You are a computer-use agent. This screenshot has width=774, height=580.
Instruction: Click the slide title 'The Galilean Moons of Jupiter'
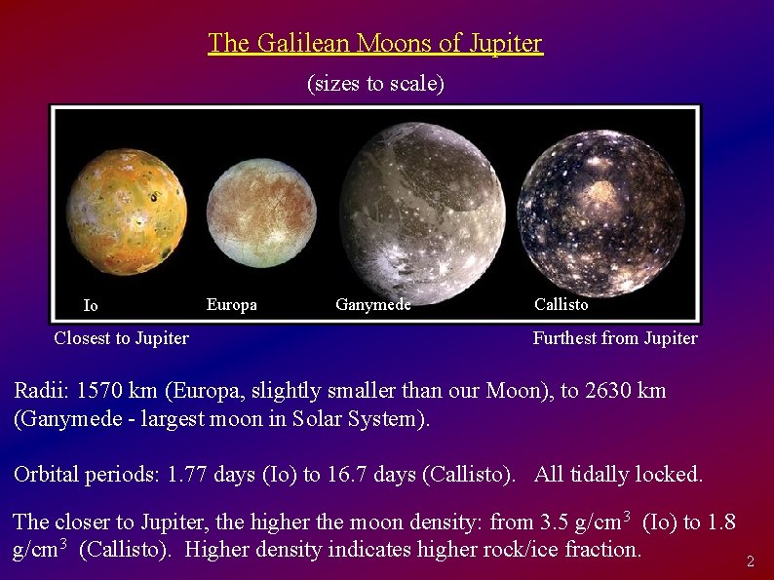[x=375, y=44]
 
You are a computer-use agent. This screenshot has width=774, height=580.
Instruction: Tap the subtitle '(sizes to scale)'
[x=375, y=84]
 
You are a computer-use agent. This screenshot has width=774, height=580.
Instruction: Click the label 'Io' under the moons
[x=91, y=306]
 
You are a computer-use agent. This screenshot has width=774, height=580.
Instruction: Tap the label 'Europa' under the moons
[x=232, y=305]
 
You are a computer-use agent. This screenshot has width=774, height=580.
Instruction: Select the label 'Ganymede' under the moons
[x=372, y=305]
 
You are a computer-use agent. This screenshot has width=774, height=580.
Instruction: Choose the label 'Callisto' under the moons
[x=561, y=304]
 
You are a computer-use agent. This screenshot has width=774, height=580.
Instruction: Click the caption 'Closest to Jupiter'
[x=121, y=338]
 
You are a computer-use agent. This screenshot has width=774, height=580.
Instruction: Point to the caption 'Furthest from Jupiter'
[x=614, y=338]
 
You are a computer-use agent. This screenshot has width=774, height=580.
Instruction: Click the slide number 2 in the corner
[x=750, y=561]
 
